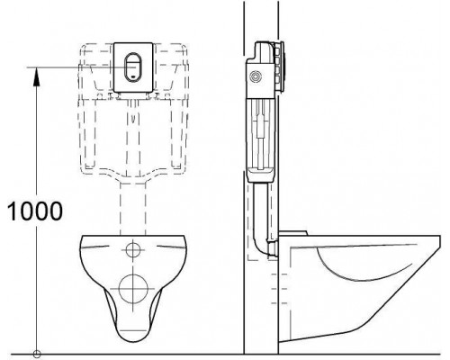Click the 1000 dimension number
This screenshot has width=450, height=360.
(35, 211)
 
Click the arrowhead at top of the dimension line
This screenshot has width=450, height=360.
(37, 76)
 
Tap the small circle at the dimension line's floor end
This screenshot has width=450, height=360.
(37, 354)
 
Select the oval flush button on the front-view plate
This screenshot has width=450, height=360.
(132, 67)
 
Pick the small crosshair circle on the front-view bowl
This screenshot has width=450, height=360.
(133, 250)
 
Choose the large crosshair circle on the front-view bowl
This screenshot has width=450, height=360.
(133, 289)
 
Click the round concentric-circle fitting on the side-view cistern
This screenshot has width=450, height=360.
(256, 76)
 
